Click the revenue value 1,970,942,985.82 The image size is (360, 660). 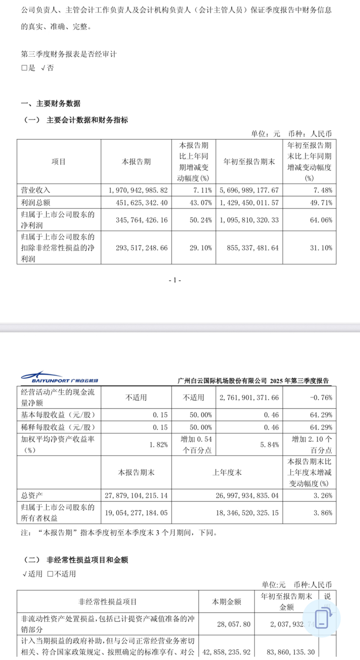click(135, 190)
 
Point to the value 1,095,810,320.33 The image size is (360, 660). click(249, 219)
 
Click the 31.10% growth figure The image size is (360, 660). click(321, 247)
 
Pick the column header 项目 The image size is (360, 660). click(59, 161)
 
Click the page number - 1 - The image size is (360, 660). click(174, 280)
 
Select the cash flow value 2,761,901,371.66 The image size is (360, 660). click(249, 397)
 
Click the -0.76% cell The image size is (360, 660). click(322, 397)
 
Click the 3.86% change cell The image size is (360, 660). click(322, 513)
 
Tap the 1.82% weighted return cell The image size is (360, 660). click(159, 445)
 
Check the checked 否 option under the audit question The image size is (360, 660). click(47, 68)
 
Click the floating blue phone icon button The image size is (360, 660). click(322, 618)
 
